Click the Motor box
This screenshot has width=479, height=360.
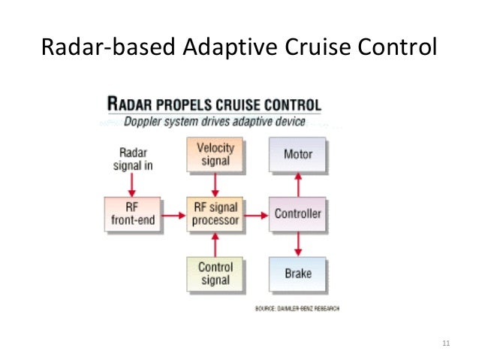pyautogui.click(x=297, y=155)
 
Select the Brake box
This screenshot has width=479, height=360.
pyautogui.click(x=297, y=274)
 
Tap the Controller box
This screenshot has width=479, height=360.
pyautogui.click(x=297, y=214)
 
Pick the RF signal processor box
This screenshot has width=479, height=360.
pyautogui.click(x=215, y=214)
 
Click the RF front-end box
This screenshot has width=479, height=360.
pyautogui.click(x=133, y=214)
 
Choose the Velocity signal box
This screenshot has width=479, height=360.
pyautogui.click(x=215, y=155)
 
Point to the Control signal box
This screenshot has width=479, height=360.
pyautogui.click(x=215, y=274)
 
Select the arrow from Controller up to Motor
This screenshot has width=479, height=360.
pyautogui.click(x=298, y=184)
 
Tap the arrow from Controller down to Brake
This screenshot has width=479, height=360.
pyautogui.click(x=298, y=244)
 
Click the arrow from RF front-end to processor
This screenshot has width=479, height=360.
pyautogui.click(x=173, y=215)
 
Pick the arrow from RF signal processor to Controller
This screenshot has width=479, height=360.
pyautogui.click(x=257, y=215)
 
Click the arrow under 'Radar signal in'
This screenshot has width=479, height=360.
pyautogui.click(x=133, y=182)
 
